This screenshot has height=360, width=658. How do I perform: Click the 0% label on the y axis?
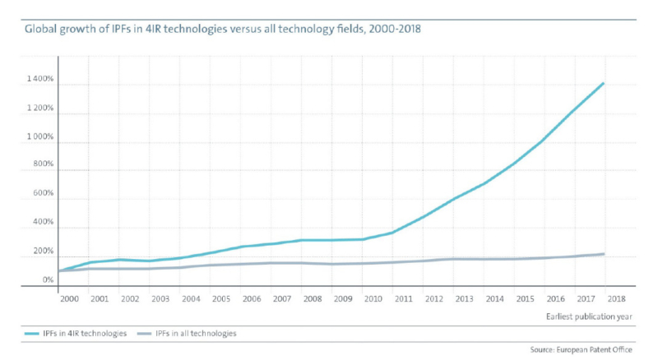tap(47, 280)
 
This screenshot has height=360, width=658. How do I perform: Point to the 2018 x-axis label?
tap(615, 299)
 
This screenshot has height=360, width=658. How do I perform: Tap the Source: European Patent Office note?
tap(587, 350)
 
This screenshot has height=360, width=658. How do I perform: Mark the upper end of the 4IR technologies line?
tap(605, 83)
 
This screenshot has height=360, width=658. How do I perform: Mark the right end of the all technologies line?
tap(605, 254)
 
